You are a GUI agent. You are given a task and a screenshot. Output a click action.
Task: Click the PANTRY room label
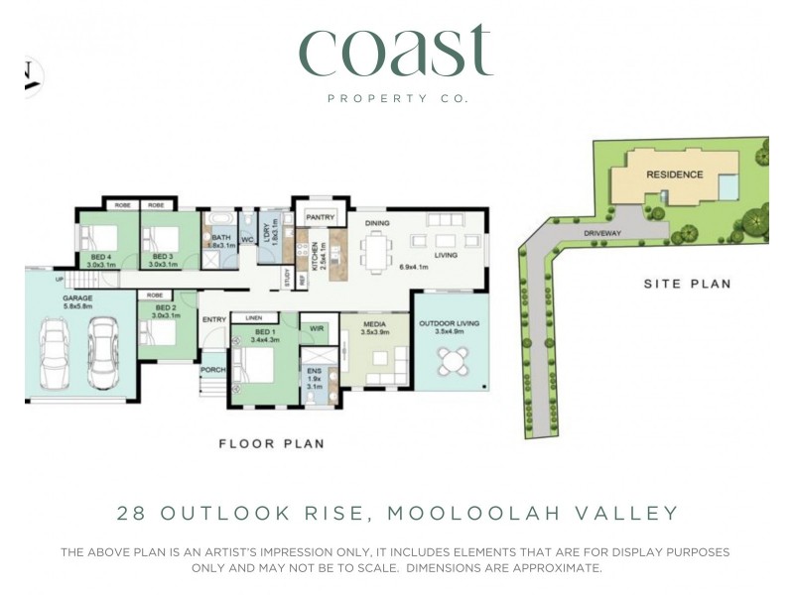point(321,216)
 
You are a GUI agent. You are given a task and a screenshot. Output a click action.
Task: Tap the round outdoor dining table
point(453,362)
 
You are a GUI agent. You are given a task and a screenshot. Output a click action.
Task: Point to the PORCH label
point(213,370)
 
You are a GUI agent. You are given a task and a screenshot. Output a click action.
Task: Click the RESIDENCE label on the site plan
point(675,175)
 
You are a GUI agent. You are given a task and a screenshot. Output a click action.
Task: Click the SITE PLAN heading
point(687,284)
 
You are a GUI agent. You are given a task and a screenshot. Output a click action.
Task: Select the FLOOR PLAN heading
point(271,443)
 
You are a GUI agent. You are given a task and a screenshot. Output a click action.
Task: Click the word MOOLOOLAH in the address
point(468,513)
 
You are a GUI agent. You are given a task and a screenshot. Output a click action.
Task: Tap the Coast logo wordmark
point(396,52)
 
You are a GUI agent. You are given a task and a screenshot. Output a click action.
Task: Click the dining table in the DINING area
point(376,252)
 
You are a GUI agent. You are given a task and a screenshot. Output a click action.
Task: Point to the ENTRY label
point(214,319)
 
